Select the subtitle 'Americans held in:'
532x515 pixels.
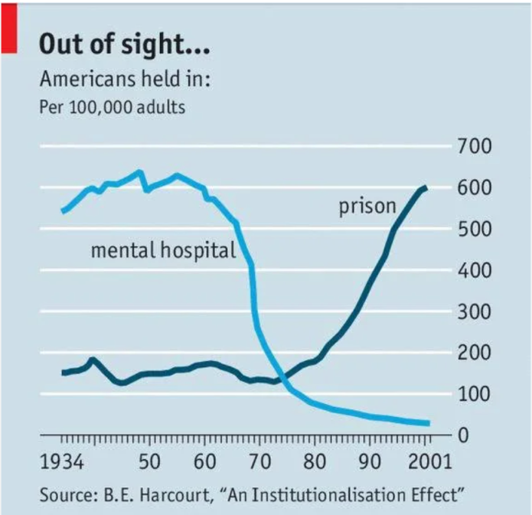[126, 79]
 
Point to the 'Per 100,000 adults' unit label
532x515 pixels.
[112, 106]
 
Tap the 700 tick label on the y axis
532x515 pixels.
[475, 145]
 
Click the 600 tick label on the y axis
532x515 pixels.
[475, 187]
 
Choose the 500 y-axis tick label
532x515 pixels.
[475, 229]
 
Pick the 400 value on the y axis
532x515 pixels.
[475, 270]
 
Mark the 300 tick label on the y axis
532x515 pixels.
[475, 311]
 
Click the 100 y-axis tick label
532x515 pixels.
[475, 394]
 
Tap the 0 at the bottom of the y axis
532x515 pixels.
[464, 435]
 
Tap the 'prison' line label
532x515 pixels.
[368, 206]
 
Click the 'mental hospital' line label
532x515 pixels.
[163, 250]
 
